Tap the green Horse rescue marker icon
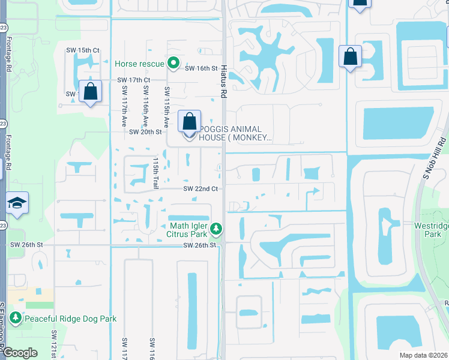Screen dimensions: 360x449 [173, 62]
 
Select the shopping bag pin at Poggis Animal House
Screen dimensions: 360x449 [189, 122]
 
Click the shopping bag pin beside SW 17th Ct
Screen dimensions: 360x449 [90, 92]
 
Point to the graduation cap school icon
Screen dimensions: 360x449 [17, 204]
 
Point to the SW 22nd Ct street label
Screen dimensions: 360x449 [200, 188]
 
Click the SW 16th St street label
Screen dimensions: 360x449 [200, 68]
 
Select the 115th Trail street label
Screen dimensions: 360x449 [155, 174]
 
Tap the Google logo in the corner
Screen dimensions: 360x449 [20, 352]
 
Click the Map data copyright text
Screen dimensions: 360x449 [420, 355]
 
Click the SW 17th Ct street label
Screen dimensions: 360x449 [133, 80]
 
